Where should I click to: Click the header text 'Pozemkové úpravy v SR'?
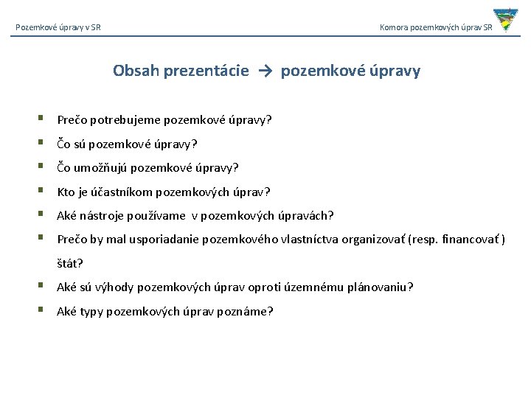click(x=58, y=28)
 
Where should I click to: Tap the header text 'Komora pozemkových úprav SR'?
click(x=436, y=28)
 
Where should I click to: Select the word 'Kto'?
click(x=66, y=192)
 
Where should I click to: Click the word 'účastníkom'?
click(x=122, y=192)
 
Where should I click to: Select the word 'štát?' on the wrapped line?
click(x=70, y=263)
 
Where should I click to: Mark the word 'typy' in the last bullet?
click(x=92, y=311)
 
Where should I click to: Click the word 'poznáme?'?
click(x=249, y=311)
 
